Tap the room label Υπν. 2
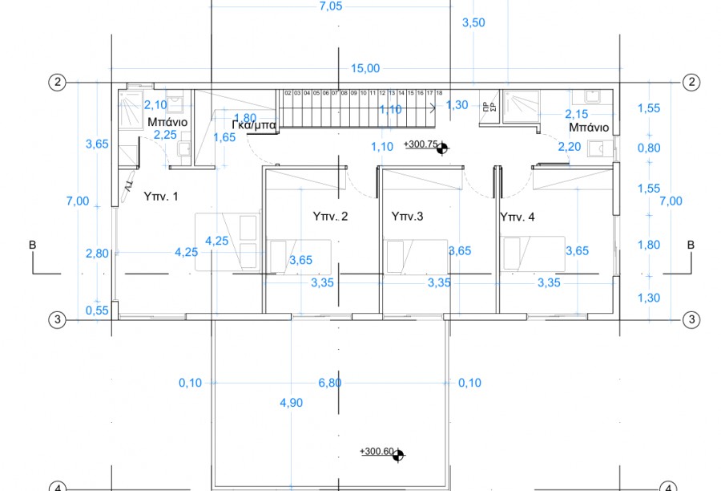[330, 216]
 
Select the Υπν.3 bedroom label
[406, 216]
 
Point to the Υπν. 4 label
[518, 216]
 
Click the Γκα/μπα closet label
[254, 126]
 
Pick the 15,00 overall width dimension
[365, 69]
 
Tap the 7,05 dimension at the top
[330, 6]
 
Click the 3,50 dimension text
[473, 23]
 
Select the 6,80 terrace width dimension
[329, 383]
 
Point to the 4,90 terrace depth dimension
[291, 403]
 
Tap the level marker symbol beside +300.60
[398, 454]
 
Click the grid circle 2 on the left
[57, 82]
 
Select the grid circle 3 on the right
[691, 319]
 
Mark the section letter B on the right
[691, 245]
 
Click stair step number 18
[439, 93]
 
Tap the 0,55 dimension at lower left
[96, 310]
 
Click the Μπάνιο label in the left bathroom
[167, 122]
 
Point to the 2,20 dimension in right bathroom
[570, 146]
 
